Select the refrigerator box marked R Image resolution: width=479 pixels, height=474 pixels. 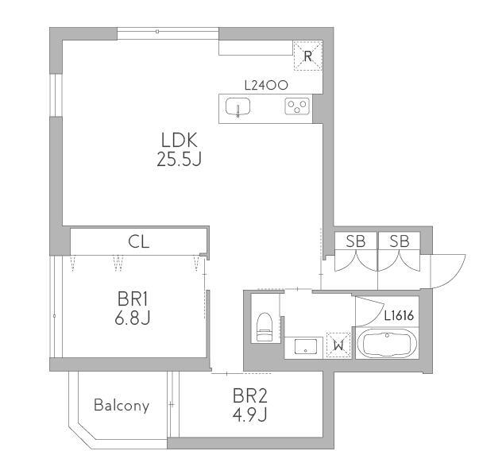coord(308,54)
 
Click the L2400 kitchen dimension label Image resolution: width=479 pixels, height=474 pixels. coord(265,84)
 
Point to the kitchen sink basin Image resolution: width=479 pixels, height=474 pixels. coord(237,107)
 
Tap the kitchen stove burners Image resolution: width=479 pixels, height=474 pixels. coord(298,106)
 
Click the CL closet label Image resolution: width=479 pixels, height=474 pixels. coord(139,242)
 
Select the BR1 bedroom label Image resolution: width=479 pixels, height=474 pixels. coord(133,300)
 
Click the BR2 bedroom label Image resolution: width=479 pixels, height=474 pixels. coord(249,395)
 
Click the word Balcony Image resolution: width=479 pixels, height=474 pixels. coord(122,406)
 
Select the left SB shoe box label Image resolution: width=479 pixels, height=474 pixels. coord(355,242)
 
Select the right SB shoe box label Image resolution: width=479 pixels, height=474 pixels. coord(399,242)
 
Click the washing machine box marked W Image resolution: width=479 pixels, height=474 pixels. coord(338,344)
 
